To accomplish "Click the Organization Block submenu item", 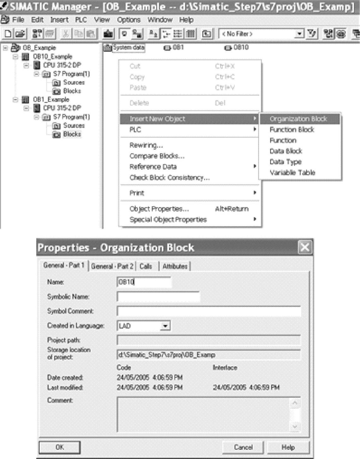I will (298, 119).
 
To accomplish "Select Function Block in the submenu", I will (292, 130).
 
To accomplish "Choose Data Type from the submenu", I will (285, 162).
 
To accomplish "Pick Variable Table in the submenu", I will (292, 173).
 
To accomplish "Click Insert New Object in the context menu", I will (157, 119).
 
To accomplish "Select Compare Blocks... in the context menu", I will (157, 156).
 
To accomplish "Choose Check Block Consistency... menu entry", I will (169, 178).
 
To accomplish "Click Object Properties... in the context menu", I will (159, 209).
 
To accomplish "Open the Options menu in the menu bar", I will (128, 20).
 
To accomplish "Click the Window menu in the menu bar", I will (160, 20).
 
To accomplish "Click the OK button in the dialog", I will (60, 447).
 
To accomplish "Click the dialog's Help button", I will (288, 447).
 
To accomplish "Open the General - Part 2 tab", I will (112, 266).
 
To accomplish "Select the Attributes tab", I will (175, 266).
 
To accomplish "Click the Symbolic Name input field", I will (158, 297).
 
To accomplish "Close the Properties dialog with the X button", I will (304, 247).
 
